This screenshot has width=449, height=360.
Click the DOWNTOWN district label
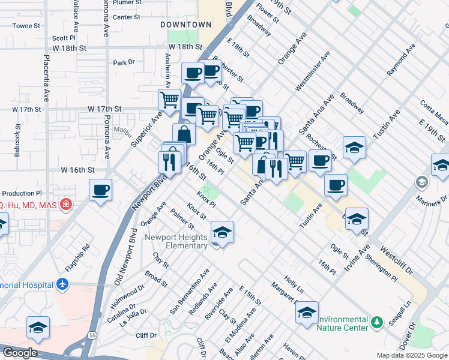tap(186, 25)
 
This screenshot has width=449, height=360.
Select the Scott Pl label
tap(63, 37)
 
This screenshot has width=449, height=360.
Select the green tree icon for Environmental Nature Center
tap(376, 323)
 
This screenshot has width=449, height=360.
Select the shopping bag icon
tap(184, 134)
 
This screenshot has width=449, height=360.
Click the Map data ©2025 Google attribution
tap(411, 355)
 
